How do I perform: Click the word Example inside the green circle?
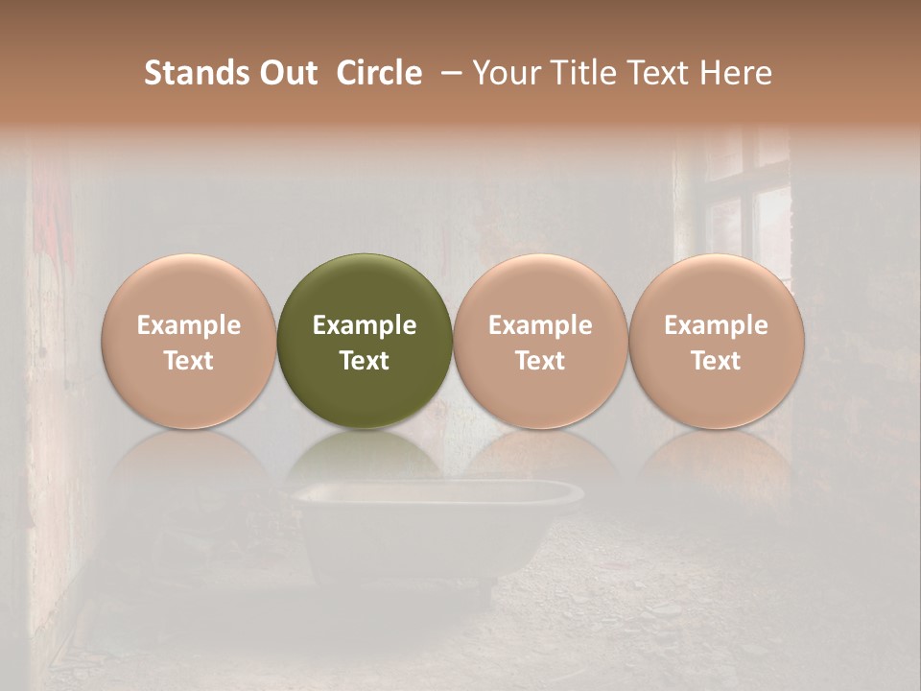click(365, 325)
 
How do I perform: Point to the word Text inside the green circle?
click(365, 361)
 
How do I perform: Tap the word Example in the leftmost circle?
click(188, 325)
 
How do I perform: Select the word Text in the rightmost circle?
click(716, 361)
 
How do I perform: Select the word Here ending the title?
click(736, 73)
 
